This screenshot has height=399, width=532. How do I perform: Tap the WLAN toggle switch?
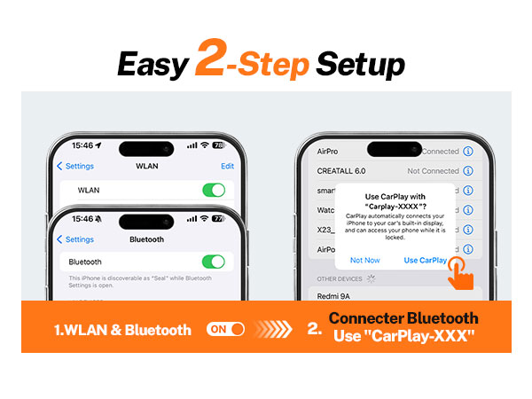pyautogui.click(x=214, y=190)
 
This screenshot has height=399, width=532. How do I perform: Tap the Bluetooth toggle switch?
pyautogui.click(x=214, y=262)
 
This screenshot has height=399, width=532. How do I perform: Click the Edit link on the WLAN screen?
pyautogui.click(x=228, y=166)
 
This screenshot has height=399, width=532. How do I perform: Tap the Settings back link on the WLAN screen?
pyautogui.click(x=75, y=166)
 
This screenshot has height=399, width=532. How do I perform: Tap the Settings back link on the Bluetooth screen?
pyautogui.click(x=75, y=239)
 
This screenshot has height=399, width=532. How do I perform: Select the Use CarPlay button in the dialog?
pyautogui.click(x=425, y=260)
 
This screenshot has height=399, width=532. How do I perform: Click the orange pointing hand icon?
pyautogui.click(x=458, y=271)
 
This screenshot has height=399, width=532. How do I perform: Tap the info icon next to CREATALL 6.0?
pyautogui.click(x=468, y=171)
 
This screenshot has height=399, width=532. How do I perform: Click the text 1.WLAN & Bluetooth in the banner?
pyautogui.click(x=122, y=330)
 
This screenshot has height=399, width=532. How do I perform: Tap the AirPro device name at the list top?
pyautogui.click(x=331, y=151)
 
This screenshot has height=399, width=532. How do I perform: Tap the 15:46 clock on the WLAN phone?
pyautogui.click(x=81, y=145)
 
